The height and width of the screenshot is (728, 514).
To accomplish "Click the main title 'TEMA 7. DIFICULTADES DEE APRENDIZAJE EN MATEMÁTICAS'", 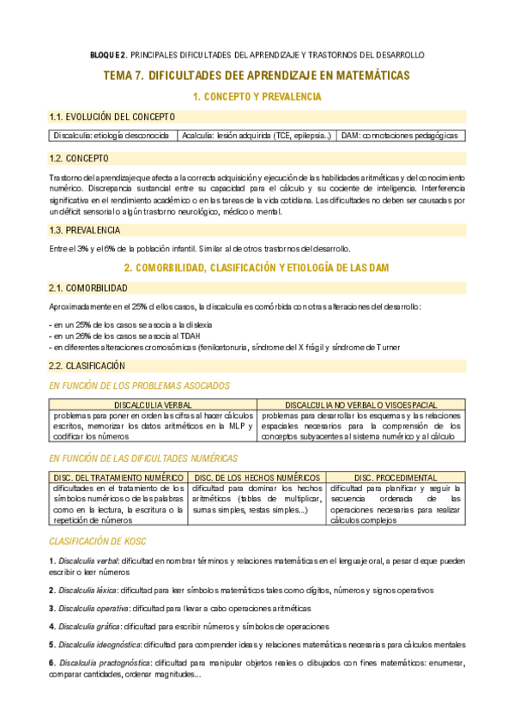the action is (x=257, y=76).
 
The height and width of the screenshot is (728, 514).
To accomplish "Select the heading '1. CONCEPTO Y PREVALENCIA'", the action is (x=257, y=97).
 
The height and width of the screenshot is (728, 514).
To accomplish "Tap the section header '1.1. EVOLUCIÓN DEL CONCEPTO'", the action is (x=112, y=117).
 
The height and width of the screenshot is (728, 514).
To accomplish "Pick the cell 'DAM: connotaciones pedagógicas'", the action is (x=399, y=136).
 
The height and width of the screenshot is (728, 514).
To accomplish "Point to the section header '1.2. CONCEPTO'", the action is (x=79, y=159).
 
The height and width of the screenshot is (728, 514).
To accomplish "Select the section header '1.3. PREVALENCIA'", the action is (x=85, y=230).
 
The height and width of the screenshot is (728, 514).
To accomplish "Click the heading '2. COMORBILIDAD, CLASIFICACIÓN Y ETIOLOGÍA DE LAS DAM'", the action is (x=257, y=268).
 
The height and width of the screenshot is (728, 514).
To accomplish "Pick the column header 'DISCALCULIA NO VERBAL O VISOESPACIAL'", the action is (x=360, y=404).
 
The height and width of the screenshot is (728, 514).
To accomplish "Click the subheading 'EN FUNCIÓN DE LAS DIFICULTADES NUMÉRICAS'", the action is (x=144, y=458).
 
